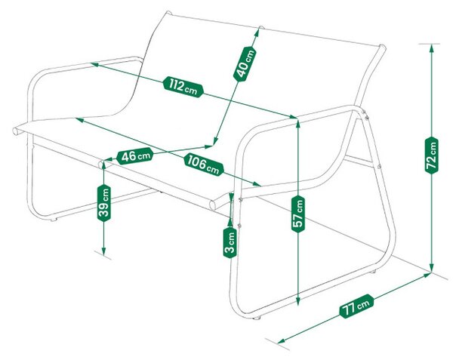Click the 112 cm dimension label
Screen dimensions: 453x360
[x=183, y=87]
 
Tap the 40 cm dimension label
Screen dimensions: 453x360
[x=245, y=64]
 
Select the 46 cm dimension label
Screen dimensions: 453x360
[x=135, y=156]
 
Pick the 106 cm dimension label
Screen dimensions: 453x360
[x=204, y=165]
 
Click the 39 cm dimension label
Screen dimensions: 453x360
[x=104, y=203]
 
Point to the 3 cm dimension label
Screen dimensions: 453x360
[x=230, y=242]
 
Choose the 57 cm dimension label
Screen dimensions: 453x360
[x=298, y=214]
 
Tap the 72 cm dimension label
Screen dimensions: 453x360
[x=432, y=156]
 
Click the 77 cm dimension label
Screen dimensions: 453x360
[x=356, y=306]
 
